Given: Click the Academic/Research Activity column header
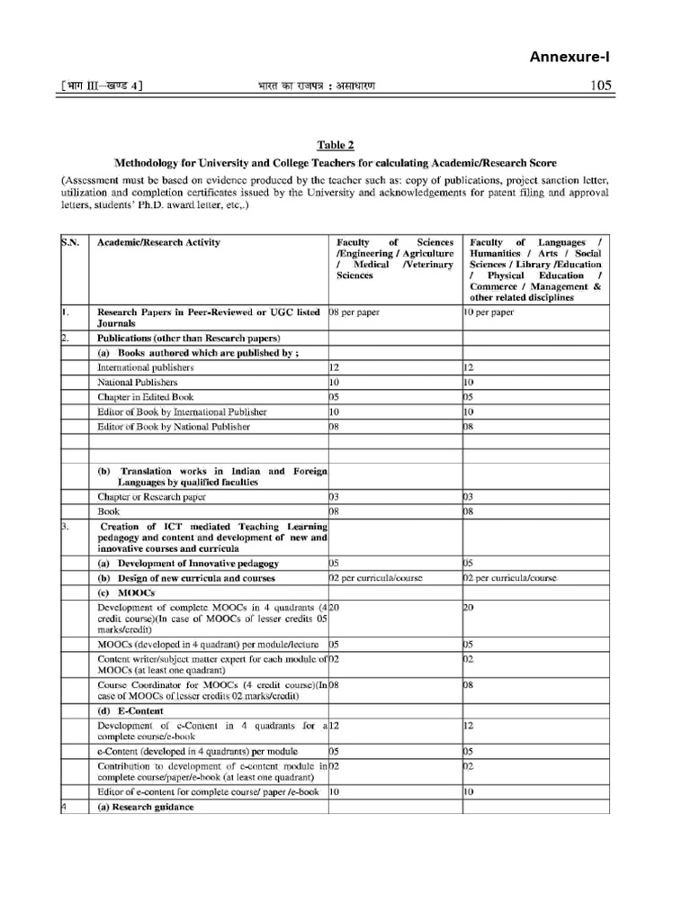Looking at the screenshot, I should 158,242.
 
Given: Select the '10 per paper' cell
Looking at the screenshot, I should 489,312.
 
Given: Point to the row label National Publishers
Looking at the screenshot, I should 138,382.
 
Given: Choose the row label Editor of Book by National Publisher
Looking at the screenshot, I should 174,426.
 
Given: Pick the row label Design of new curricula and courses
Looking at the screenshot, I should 186,578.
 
